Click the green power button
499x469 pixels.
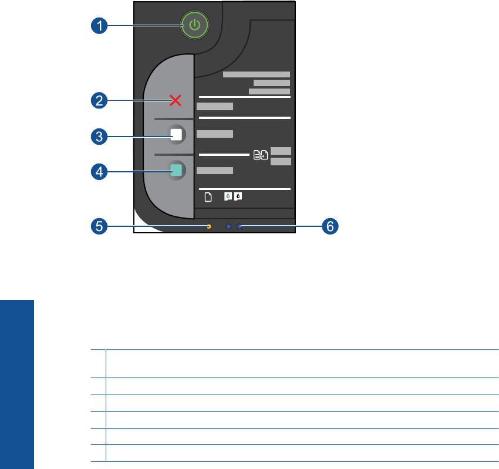pos(195,25)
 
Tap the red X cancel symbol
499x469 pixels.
pos(176,101)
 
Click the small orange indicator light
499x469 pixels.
pos(209,226)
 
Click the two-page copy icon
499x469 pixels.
pos(261,155)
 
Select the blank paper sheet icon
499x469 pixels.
pos(207,197)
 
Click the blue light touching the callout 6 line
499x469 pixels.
pos(239,226)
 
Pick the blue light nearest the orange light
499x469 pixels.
pos(228,226)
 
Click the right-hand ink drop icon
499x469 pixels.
pos(238,197)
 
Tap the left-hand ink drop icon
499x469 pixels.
pos(229,197)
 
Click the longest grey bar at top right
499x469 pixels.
pos(257,74)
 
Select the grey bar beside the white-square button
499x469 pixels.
pos(214,134)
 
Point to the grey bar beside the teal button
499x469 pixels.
pos(214,171)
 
